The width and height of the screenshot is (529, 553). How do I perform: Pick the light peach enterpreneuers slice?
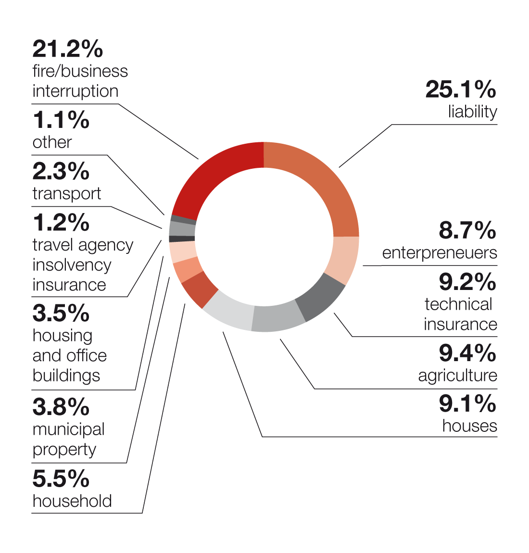[x=346, y=260]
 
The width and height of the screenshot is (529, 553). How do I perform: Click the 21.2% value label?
[x=68, y=49]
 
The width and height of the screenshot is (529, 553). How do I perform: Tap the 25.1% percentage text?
[x=461, y=89]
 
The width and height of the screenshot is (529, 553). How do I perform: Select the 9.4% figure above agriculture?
[x=467, y=353]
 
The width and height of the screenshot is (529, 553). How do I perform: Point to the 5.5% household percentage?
[x=61, y=479]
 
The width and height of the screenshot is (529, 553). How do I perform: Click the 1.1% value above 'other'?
[x=61, y=120]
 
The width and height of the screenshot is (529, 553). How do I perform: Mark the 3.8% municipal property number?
[x=61, y=407]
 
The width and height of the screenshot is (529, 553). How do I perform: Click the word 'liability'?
[x=472, y=112]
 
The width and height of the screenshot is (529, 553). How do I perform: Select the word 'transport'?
[x=67, y=193]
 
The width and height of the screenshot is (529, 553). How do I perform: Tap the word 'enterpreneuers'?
[x=440, y=253]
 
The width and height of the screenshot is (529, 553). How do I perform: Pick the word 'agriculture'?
[x=457, y=376]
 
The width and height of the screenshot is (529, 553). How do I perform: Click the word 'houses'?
[x=469, y=426]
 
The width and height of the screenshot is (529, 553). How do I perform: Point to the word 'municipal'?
[x=69, y=429]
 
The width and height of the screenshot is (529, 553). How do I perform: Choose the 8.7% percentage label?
[x=467, y=231]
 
